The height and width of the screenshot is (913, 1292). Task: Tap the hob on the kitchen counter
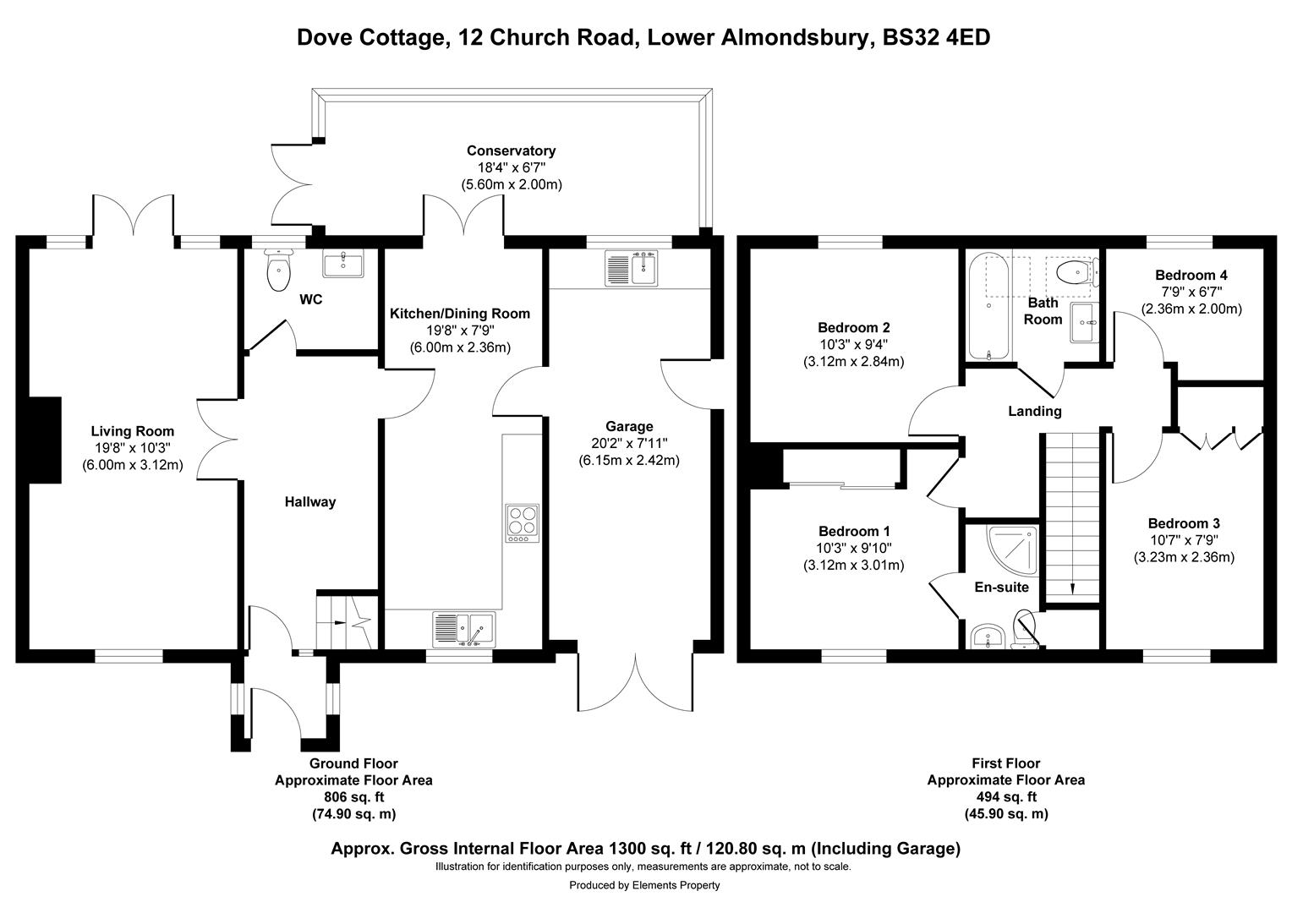point(522,522)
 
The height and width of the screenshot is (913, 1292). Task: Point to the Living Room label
point(132,431)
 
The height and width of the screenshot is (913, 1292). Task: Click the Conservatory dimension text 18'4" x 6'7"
point(511,167)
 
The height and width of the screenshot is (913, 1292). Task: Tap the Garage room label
point(629,426)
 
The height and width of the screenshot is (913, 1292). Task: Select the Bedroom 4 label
point(1191,275)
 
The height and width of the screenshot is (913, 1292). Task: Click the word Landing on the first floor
point(1034,411)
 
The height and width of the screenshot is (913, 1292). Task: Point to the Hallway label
point(309,501)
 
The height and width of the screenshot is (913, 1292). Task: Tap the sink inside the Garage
point(632,268)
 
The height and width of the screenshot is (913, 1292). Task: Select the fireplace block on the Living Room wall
point(45,440)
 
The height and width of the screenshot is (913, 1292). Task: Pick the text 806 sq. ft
point(353,796)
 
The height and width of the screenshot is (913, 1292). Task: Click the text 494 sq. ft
point(1005,796)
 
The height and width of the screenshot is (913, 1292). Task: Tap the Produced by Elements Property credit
point(644,885)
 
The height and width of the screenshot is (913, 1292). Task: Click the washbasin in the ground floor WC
point(343,265)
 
